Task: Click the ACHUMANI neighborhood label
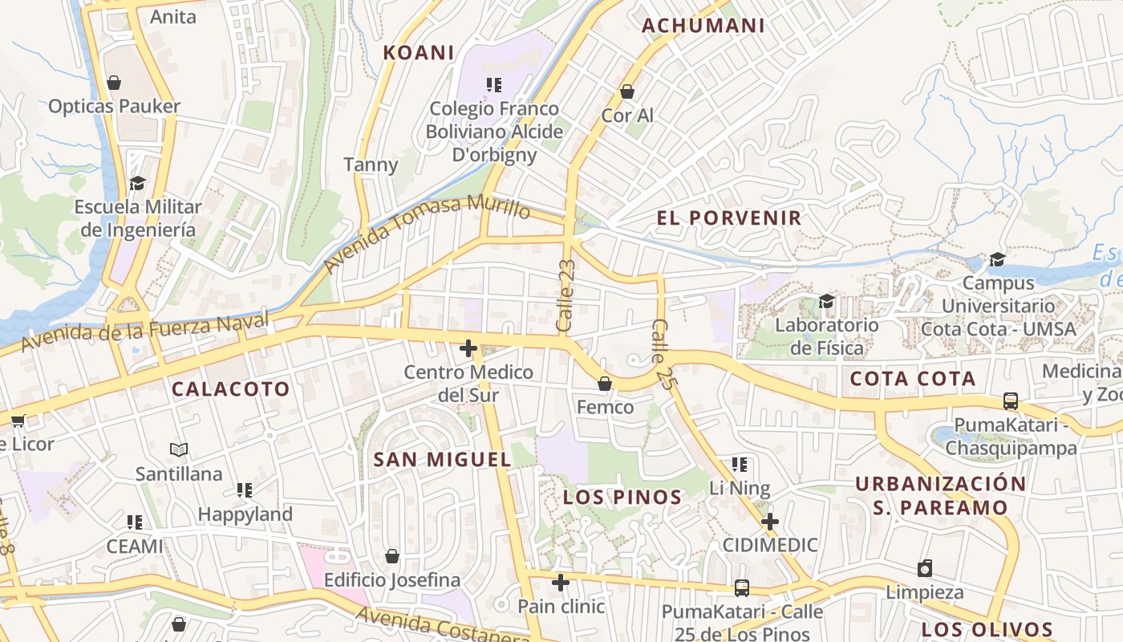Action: coord(703,26)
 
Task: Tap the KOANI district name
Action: coord(419,53)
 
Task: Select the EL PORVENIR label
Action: coord(728,217)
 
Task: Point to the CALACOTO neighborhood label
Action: coord(231,389)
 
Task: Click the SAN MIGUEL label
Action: coord(442,460)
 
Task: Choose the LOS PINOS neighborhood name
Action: coord(622,498)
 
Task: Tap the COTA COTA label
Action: coord(912,379)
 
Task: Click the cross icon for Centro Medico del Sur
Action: coord(468,348)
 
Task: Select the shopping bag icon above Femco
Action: coord(605,384)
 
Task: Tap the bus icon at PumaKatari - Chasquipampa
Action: coord(1011,401)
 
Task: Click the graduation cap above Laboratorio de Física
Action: coord(826,301)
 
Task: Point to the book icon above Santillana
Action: coord(179,450)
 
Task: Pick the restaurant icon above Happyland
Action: coord(245,490)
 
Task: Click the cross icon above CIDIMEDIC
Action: coord(769,522)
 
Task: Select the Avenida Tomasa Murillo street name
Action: coord(427,233)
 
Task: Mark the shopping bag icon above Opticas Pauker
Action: coord(114,83)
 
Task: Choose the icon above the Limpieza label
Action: coord(925,568)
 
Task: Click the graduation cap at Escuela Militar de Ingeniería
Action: coord(137,183)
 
